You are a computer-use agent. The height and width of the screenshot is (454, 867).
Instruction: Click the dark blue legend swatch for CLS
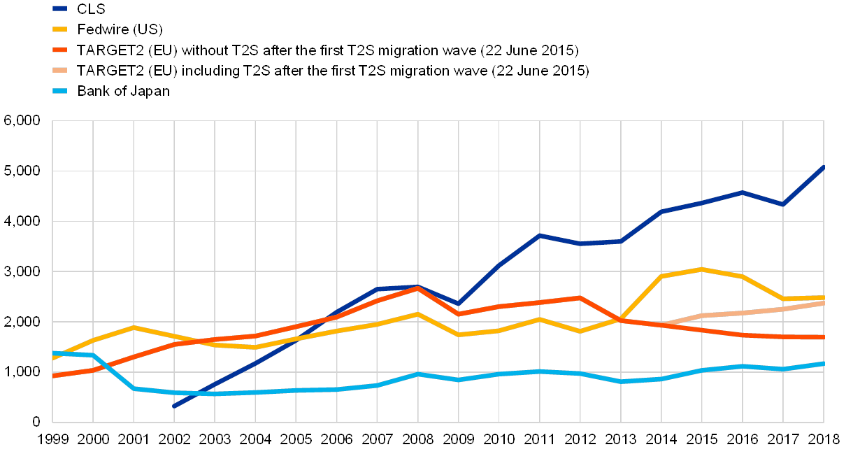coord(59,9)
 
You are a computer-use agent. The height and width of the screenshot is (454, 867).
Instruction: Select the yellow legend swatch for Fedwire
coord(59,30)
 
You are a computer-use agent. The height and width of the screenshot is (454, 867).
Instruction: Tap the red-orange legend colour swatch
coord(59,50)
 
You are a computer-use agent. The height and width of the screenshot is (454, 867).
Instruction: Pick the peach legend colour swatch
coord(59,71)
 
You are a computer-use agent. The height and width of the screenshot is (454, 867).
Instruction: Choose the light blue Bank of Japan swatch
coord(59,91)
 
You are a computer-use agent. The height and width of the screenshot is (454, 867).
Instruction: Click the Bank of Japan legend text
coord(126,91)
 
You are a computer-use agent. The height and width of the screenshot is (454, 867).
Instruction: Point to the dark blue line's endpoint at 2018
coord(823,167)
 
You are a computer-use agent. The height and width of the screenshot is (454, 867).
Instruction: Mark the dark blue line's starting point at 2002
coord(174,406)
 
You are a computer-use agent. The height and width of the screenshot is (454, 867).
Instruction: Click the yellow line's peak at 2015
coord(702,269)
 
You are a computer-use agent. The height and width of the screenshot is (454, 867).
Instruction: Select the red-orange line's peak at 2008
coord(417,288)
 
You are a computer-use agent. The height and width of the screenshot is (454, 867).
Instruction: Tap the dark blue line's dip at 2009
coord(458,304)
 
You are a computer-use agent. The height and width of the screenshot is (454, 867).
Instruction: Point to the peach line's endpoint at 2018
coord(823,303)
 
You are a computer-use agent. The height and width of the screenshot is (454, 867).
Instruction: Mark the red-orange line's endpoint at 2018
coord(823,337)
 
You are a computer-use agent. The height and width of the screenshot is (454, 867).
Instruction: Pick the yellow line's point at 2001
coord(134,327)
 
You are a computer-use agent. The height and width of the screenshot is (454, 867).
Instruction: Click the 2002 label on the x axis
coord(174,439)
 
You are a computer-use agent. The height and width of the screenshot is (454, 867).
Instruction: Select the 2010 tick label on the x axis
coord(499,439)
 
